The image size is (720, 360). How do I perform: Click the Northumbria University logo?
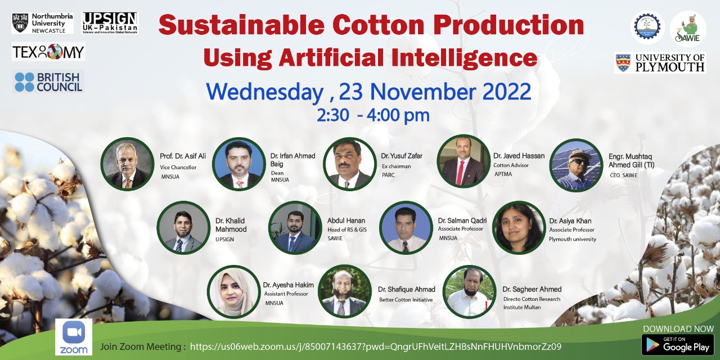pos(42,23)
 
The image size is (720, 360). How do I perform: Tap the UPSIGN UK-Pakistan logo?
pos(110,23)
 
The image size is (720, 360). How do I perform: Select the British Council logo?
pos(48,82)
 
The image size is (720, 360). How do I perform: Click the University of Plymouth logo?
pos(660,62)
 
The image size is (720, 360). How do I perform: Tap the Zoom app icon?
pos(74,337)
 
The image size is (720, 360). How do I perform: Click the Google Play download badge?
pos(678,345)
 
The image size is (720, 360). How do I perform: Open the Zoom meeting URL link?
pos(376,346)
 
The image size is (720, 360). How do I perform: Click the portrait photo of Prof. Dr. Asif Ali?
pos(128,164)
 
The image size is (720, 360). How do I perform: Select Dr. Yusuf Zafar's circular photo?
pos(350,164)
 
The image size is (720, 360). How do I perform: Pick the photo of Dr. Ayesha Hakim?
pos(234,292)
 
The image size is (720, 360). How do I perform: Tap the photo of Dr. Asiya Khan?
pos(519,228)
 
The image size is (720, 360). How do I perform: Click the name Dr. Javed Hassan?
pos(519,156)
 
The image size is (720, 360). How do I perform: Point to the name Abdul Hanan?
pos(346,220)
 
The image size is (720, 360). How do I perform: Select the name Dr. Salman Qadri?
pos(462,220)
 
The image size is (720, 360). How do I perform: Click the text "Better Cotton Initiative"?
pos(406,300)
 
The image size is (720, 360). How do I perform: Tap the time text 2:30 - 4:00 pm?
pos(373,115)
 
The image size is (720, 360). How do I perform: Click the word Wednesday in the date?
pos(265,92)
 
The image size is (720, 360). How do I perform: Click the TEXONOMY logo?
pos(48,52)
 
